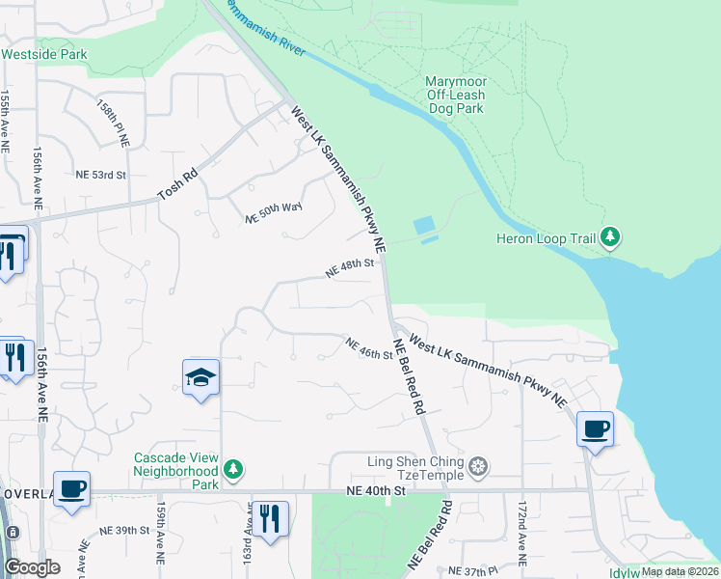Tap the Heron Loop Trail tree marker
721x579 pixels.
tap(609, 237)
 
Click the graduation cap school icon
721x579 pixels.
tap(200, 377)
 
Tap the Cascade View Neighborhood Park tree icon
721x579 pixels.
tap(232, 469)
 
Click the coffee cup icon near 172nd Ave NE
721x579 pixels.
tap(595, 427)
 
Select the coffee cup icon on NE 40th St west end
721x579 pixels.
tap(71, 488)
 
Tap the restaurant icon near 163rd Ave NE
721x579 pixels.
tap(270, 518)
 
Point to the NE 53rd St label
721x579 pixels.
tap(101, 175)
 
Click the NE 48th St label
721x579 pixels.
tap(349, 267)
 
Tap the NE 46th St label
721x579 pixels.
tap(369, 347)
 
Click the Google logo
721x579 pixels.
tap(32, 567)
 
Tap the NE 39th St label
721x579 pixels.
tap(124, 531)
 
